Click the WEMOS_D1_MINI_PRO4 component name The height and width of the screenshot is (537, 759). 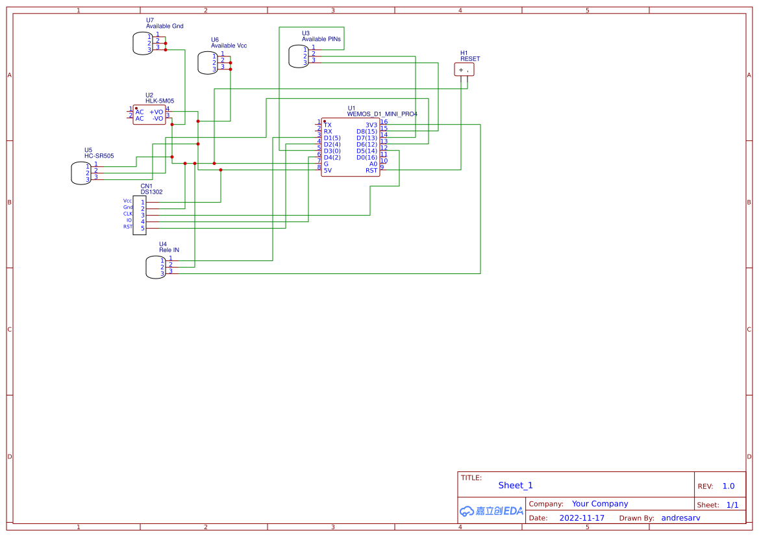(x=382, y=114)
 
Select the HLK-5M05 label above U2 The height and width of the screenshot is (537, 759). (x=160, y=101)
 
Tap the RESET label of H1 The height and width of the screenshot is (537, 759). (x=470, y=59)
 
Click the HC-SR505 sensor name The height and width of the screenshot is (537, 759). (x=99, y=156)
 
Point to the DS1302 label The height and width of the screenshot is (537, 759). (x=151, y=192)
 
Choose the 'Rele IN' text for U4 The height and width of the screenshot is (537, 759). (x=169, y=250)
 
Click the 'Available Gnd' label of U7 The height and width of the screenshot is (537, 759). (x=164, y=27)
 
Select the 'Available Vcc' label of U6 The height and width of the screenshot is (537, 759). (x=229, y=46)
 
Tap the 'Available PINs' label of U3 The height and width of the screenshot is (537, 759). (x=321, y=40)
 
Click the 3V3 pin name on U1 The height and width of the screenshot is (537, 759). (x=371, y=125)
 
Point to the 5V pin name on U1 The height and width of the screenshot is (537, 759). (x=328, y=171)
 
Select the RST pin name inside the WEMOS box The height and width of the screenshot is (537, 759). (x=371, y=171)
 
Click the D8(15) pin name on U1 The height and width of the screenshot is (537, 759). (x=366, y=131)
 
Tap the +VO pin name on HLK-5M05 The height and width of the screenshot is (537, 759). (x=156, y=112)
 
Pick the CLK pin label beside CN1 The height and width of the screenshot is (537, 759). (x=128, y=214)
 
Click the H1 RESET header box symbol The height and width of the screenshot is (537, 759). (x=464, y=69)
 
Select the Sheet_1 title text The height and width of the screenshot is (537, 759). (x=516, y=485)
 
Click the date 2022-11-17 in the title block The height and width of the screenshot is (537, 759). (x=582, y=518)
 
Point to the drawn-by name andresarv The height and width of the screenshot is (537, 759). (x=680, y=518)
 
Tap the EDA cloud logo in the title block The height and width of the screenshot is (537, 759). (x=491, y=511)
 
